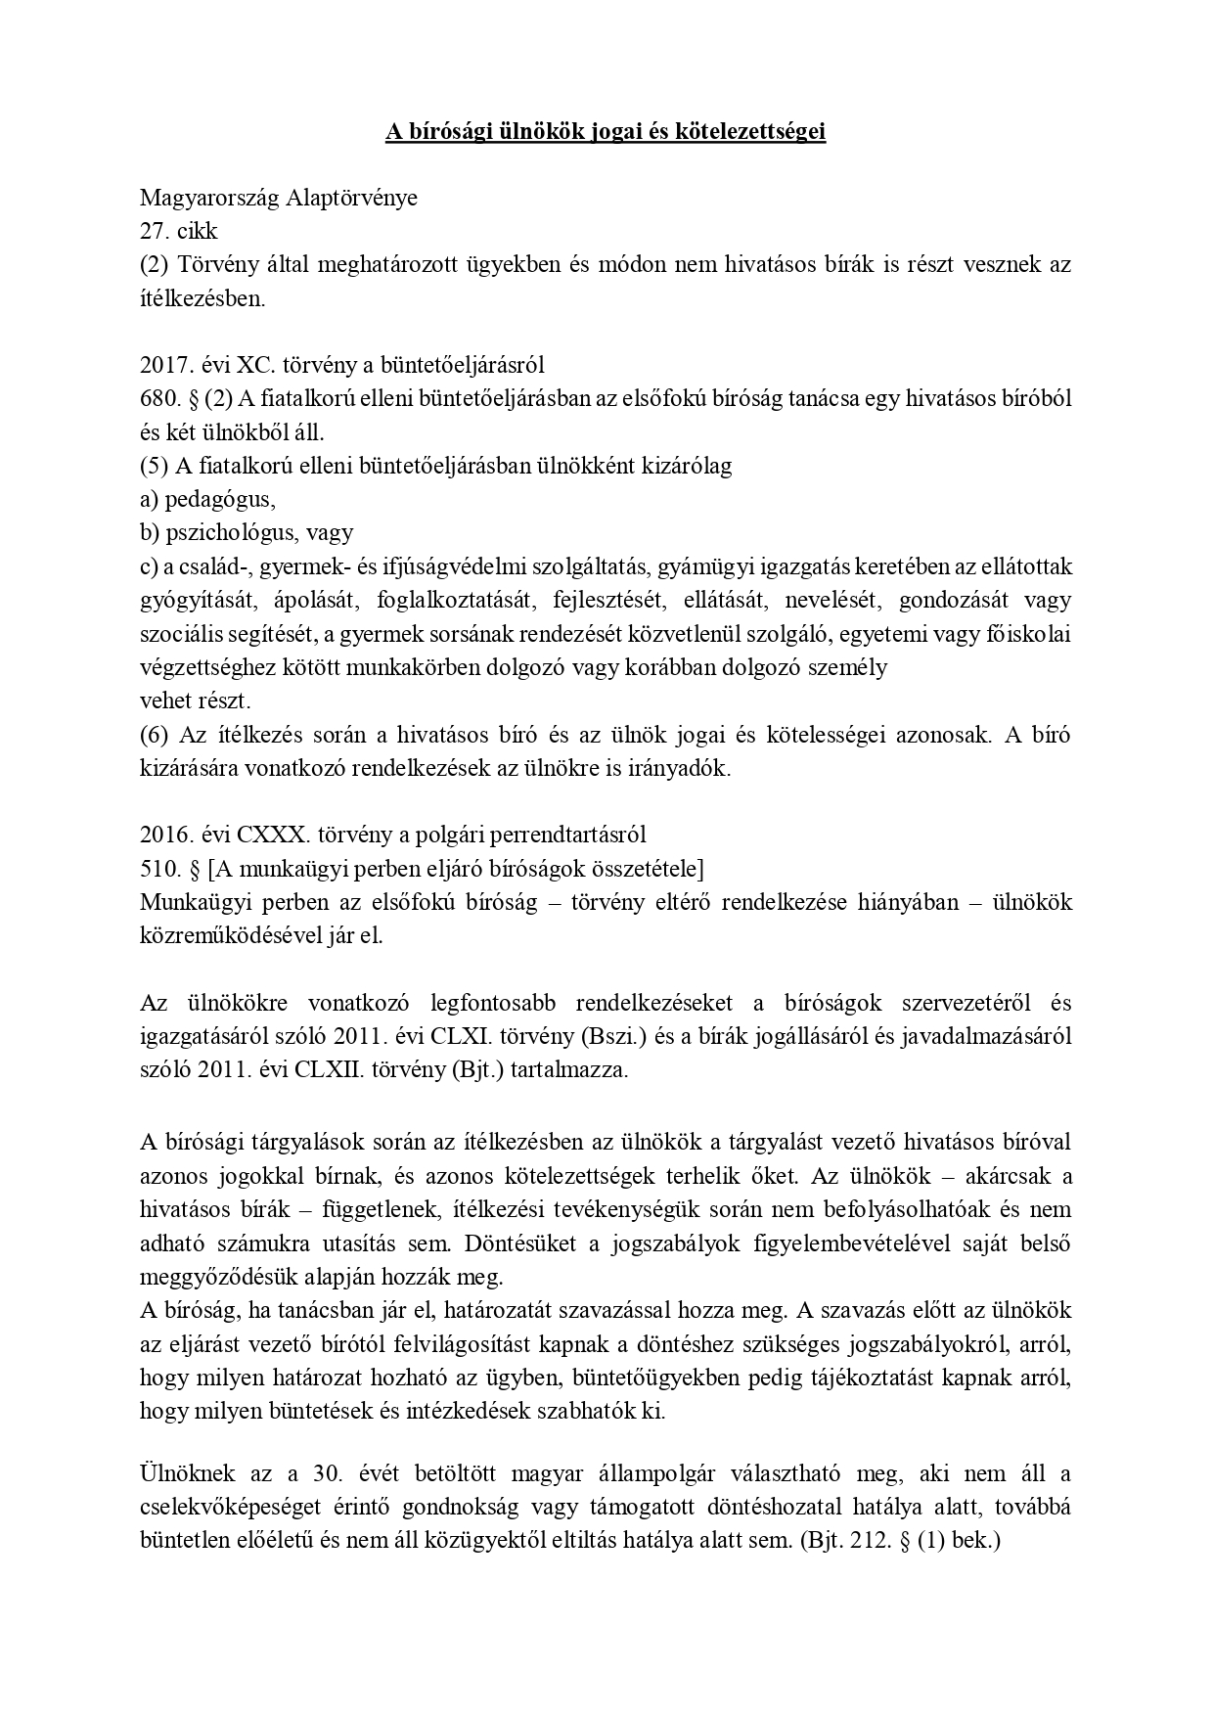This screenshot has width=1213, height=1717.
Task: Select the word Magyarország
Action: point(207,198)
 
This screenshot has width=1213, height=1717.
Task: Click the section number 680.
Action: point(160,398)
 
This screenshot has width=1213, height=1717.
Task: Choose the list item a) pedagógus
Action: point(207,499)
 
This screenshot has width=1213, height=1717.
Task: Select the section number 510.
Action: point(160,868)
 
